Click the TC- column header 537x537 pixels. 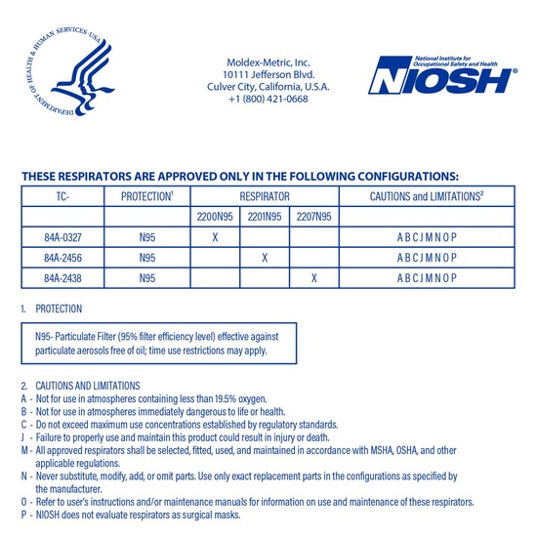(63, 196)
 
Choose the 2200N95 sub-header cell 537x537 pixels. (214, 217)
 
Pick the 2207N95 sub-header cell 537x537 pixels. (314, 217)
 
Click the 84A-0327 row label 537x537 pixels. (63, 237)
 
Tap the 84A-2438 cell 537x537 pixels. (63, 278)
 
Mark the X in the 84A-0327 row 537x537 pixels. (214, 237)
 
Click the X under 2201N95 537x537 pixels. (265, 258)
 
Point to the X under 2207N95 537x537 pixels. (314, 278)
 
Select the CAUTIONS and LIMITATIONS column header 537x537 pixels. (428, 196)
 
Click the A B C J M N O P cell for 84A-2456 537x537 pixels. (428, 258)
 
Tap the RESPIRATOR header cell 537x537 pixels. (265, 196)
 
